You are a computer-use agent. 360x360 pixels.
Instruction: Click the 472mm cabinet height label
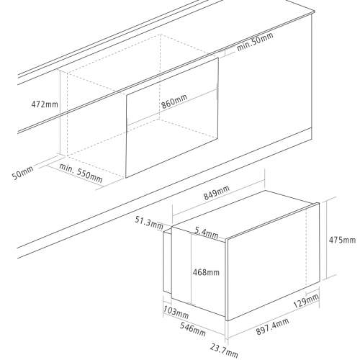point(45,104)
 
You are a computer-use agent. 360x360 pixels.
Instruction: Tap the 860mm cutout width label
point(174,102)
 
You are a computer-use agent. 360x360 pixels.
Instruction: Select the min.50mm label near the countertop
point(255,42)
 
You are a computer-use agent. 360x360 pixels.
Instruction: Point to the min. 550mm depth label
point(81,173)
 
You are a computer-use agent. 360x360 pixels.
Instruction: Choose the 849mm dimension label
point(217,192)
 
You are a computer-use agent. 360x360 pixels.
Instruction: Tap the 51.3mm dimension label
point(149,223)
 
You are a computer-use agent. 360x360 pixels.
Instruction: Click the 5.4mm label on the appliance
point(207,232)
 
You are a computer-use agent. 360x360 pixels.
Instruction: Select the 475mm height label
point(342,240)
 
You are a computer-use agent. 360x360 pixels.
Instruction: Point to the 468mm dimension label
point(206,272)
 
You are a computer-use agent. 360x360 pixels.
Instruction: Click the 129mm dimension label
point(306,301)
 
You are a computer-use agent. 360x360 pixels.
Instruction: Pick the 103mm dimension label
point(176,312)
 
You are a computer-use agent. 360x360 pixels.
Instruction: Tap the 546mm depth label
point(193,329)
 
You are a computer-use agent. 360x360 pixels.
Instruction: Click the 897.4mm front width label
point(272,326)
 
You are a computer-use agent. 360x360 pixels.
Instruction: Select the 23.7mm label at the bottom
point(224,351)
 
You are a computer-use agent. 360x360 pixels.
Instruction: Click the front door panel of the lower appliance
point(273,261)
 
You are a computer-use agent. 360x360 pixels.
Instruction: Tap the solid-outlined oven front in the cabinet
point(172,117)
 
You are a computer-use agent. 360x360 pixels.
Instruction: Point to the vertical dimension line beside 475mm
point(326,238)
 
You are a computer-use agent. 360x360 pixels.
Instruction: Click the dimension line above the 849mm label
point(218,196)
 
